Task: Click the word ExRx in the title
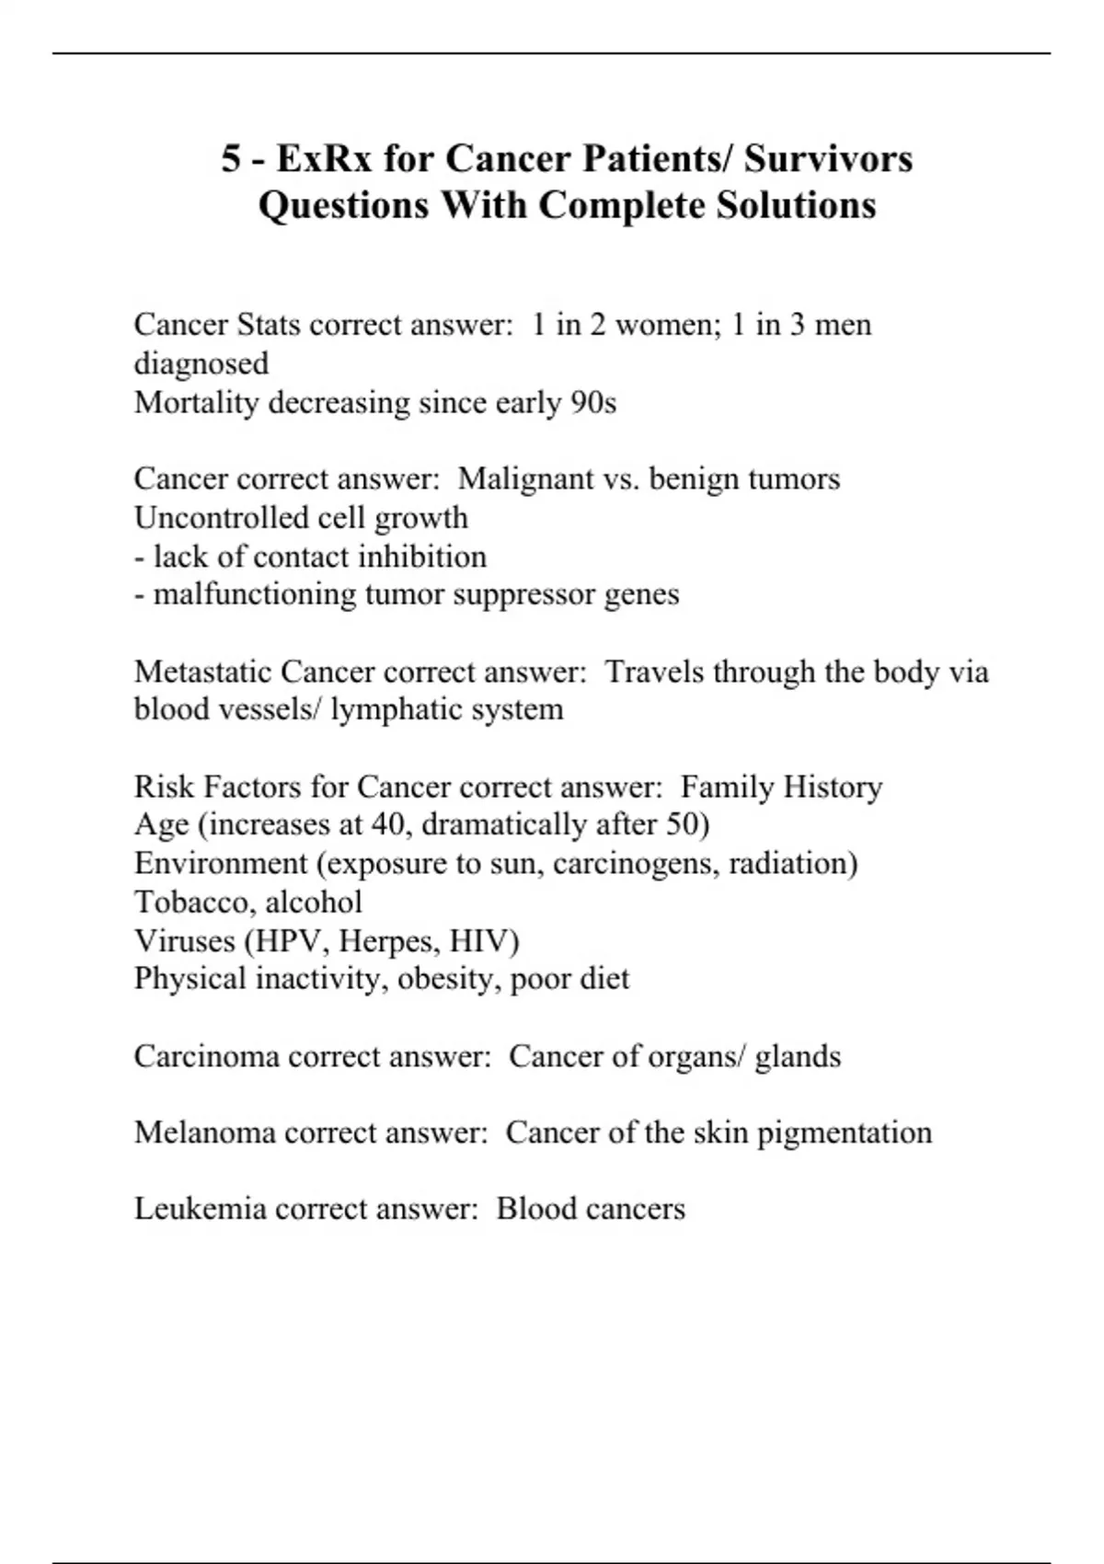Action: (x=324, y=158)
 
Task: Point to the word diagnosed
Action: (x=201, y=363)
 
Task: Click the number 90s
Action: (x=593, y=402)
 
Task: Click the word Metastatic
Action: (x=202, y=672)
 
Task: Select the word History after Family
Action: (x=832, y=788)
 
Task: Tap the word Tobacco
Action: (x=191, y=903)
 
